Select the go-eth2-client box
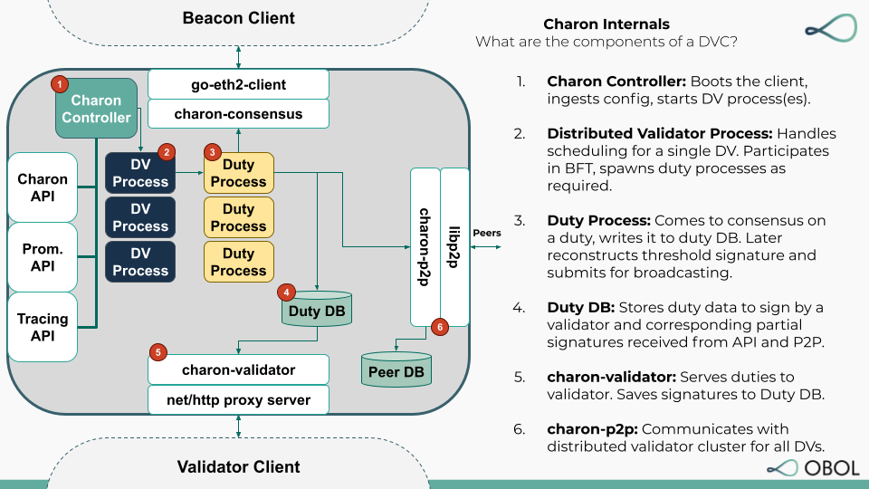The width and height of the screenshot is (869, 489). (x=238, y=85)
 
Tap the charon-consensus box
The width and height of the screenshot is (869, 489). (x=238, y=114)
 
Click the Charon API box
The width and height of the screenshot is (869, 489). (x=43, y=187)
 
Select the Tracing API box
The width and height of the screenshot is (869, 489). (x=43, y=326)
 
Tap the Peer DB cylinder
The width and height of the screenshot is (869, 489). (x=396, y=370)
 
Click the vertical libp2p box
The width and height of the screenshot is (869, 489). (x=455, y=246)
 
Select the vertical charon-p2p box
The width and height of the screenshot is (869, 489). (x=425, y=246)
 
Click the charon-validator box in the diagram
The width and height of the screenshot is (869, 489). (x=238, y=369)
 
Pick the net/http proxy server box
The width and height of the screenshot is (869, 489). (x=238, y=399)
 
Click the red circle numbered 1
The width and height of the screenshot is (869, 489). (x=60, y=84)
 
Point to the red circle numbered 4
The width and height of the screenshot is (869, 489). (x=287, y=292)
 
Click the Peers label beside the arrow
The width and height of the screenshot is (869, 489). (x=487, y=233)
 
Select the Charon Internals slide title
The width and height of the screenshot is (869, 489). (x=606, y=24)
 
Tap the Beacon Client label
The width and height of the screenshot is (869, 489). (x=239, y=18)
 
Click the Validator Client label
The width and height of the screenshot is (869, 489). (x=239, y=467)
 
